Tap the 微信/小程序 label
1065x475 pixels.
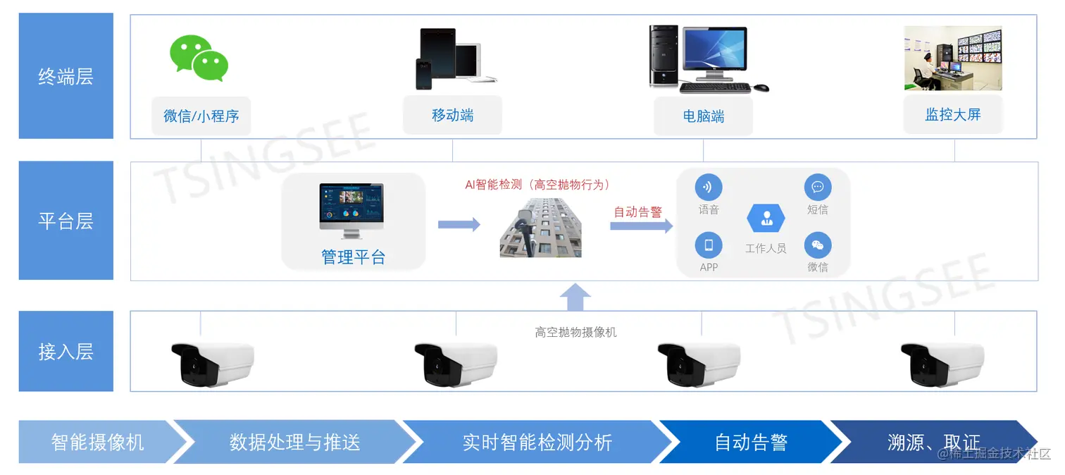point(201,116)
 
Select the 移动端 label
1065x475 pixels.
point(452,115)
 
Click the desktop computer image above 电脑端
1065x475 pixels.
point(708,59)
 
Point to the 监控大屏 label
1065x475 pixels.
point(952,115)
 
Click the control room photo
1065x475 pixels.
point(952,58)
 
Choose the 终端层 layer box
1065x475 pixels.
point(66,76)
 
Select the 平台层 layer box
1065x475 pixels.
point(66,221)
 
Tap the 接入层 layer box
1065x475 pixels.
point(66,351)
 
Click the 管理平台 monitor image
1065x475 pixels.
point(351,211)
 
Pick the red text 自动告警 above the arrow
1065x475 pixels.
point(637,211)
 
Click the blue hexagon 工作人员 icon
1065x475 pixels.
point(766,218)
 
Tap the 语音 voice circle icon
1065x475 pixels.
point(709,187)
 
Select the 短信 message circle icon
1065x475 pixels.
point(817,187)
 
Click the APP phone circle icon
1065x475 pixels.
point(709,245)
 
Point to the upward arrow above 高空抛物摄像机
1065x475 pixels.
point(575,297)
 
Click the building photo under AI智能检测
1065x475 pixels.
point(541,227)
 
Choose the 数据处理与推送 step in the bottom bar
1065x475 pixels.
point(294,442)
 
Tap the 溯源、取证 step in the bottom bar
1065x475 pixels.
point(933,442)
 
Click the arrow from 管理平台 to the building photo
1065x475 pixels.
point(459,224)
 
